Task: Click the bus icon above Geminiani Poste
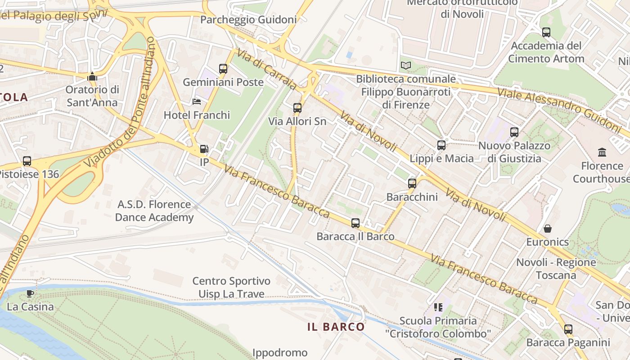click(223, 69)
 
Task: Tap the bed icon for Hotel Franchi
click(197, 102)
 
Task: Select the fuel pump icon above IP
click(204, 149)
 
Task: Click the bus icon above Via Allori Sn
click(297, 108)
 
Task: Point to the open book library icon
click(406, 66)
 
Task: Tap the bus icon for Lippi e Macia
click(441, 145)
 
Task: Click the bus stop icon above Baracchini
click(412, 184)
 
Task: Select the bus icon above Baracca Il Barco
click(355, 223)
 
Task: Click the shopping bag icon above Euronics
click(548, 229)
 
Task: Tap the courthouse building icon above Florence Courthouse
click(602, 152)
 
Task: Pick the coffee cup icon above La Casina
click(30, 294)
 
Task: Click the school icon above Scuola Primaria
click(438, 307)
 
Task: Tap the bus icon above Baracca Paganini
click(568, 329)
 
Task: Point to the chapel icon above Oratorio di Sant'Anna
click(92, 76)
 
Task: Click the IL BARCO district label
click(336, 327)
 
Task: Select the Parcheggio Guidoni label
click(248, 20)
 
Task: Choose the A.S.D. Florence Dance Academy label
click(154, 211)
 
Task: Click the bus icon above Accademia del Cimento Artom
click(546, 32)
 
